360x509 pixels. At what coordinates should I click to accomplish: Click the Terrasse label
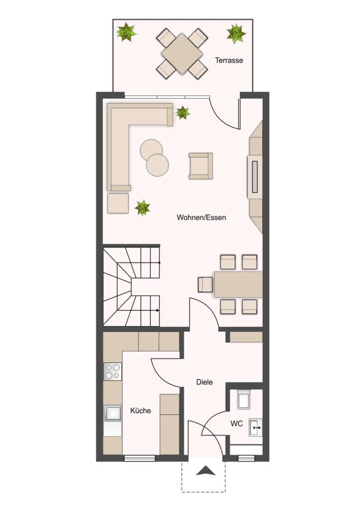pos(229,60)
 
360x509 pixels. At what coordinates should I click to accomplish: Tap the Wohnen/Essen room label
pos(201,218)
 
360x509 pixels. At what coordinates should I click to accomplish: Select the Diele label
pos(204,382)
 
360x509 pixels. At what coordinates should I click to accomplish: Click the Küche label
pos(141,411)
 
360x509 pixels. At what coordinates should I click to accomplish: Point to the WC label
pos(237,424)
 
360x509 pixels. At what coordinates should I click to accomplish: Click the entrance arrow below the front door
pos(206,471)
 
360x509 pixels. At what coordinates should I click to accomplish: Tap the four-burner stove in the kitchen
pos(112,372)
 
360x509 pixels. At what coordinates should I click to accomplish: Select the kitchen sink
pos(112,413)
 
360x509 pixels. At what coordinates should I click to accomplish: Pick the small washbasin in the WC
pos(256,427)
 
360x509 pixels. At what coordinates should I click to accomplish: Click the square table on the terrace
pos(182,54)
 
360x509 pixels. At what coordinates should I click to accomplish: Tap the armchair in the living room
pos(201,166)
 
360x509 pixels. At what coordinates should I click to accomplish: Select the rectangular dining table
pos(238,285)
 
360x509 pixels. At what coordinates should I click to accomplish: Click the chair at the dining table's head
pos(205,285)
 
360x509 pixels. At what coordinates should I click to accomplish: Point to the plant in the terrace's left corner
pos(126,32)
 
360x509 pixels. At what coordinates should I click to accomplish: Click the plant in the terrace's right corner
pos(236,33)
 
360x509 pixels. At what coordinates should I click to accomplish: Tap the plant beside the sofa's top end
pos(182,113)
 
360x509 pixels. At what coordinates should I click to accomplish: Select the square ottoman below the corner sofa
pos(118,203)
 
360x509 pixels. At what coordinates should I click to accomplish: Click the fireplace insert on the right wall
pos(255,177)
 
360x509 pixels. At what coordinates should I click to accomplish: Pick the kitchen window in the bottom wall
pos(140,458)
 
